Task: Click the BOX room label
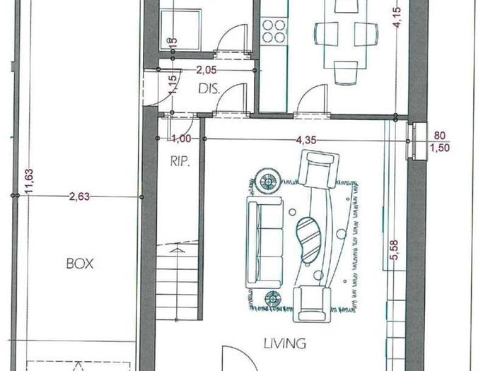click(80, 264)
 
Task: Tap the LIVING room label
click(285, 343)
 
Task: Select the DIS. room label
click(209, 89)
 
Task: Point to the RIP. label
click(180, 161)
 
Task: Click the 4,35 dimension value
click(306, 140)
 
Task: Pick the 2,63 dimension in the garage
click(79, 197)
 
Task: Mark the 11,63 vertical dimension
click(29, 181)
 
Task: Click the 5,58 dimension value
click(394, 250)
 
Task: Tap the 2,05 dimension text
click(206, 70)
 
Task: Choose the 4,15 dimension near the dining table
click(397, 18)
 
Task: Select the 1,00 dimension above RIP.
click(181, 139)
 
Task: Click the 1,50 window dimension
click(440, 148)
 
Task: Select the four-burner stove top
click(274, 31)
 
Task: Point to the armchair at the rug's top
click(319, 169)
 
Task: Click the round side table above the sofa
click(268, 181)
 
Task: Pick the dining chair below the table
click(346, 73)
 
